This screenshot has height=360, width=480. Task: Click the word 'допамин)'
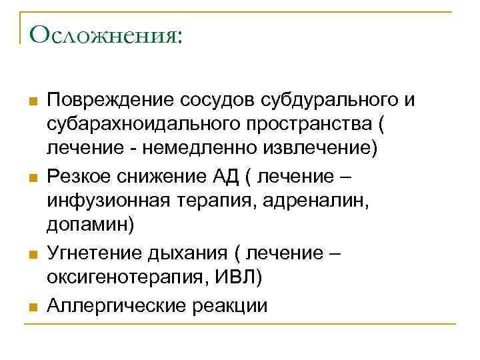tap(90, 224)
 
